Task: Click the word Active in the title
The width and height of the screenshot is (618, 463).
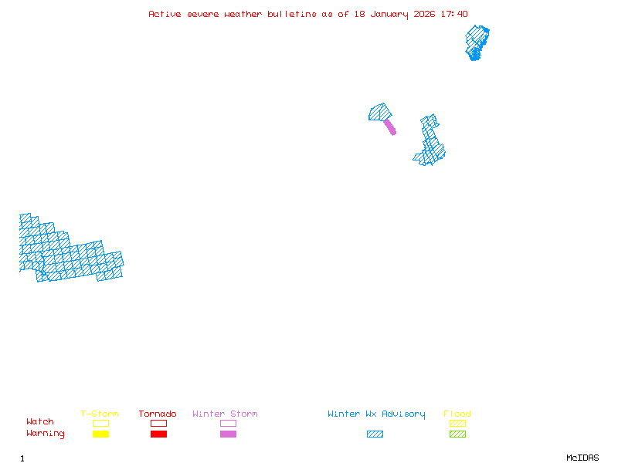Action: (x=165, y=14)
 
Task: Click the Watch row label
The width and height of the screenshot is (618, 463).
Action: (x=40, y=422)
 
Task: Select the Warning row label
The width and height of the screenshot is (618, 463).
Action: (x=46, y=434)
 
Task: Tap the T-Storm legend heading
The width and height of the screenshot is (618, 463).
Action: (x=100, y=414)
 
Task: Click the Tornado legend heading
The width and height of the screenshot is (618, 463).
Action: (x=158, y=414)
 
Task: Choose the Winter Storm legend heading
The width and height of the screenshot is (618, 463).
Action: (x=225, y=414)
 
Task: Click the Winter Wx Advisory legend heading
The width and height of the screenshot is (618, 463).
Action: (x=376, y=414)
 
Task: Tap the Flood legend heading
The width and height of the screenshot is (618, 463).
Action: (x=457, y=414)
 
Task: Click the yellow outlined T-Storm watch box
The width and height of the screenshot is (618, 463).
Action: (x=100, y=423)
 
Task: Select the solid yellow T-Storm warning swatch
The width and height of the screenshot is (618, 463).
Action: (x=100, y=434)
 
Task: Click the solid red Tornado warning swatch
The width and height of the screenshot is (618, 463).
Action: (x=158, y=434)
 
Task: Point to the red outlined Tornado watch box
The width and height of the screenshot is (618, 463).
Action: (x=158, y=423)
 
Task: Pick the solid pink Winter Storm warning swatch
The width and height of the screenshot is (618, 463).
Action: (x=228, y=434)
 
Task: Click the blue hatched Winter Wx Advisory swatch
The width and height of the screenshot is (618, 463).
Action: (x=375, y=434)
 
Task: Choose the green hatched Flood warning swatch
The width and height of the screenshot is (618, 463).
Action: (x=457, y=434)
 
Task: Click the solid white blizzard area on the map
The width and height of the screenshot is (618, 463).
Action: (x=29, y=204)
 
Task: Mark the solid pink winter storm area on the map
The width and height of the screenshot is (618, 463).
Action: (x=390, y=127)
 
